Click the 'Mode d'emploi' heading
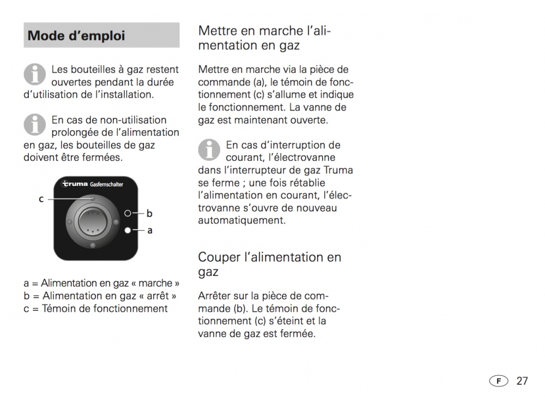point(76,35)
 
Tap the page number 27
point(522,381)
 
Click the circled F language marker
point(499,381)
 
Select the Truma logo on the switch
point(75,184)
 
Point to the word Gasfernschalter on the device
point(107,184)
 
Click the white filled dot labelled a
point(128,230)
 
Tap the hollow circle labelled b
point(128,213)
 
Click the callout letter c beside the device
point(41,199)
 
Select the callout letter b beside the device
point(149,213)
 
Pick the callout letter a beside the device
point(150,230)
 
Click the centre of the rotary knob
point(93,221)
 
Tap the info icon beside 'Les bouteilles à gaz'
point(34,74)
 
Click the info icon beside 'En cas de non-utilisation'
point(34,124)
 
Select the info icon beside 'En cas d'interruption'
point(209,149)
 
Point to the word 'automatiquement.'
point(242,220)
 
